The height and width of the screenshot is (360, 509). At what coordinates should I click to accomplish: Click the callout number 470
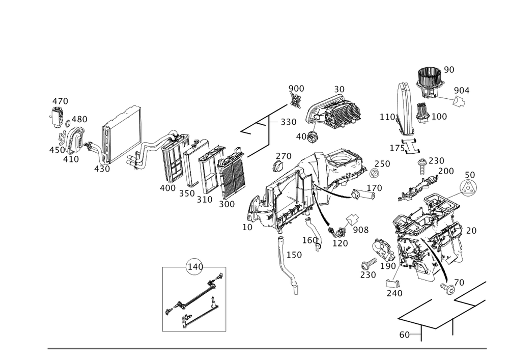(x=61, y=101)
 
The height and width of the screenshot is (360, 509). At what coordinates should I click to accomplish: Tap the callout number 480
(x=80, y=119)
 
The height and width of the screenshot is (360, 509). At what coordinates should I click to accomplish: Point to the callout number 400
(x=167, y=188)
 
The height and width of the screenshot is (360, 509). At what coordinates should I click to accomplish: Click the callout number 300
(x=226, y=204)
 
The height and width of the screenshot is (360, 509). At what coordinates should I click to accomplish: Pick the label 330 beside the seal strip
(x=289, y=123)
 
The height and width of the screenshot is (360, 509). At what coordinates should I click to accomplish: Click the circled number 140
(x=194, y=266)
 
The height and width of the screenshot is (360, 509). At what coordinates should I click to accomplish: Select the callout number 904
(x=462, y=91)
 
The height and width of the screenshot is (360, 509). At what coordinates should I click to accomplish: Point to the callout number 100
(x=438, y=117)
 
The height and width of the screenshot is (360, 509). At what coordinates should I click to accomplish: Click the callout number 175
(x=398, y=148)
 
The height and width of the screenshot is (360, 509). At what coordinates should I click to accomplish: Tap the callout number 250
(x=382, y=164)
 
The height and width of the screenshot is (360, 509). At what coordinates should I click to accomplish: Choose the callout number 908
(x=360, y=230)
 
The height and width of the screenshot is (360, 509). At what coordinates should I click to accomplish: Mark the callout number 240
(x=394, y=293)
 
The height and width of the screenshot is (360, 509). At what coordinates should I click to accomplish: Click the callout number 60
(x=405, y=335)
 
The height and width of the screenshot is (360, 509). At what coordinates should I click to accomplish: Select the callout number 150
(x=294, y=254)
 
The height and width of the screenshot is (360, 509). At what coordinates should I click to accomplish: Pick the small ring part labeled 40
(x=315, y=135)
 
